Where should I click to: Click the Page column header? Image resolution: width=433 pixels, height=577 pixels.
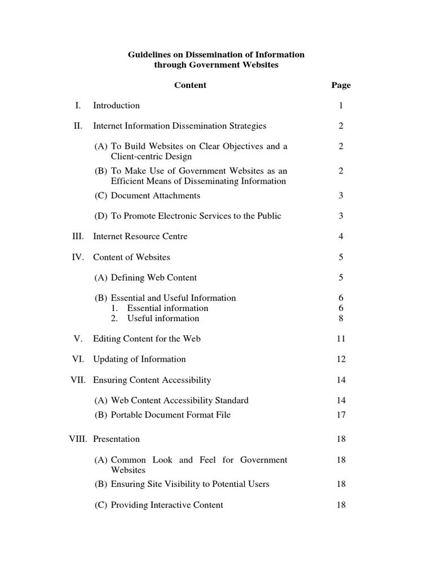(x=341, y=85)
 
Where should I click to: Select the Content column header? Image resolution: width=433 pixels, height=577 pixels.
(x=190, y=85)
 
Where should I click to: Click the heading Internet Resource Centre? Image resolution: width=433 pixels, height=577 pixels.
(x=140, y=237)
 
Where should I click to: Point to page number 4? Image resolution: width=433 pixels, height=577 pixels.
(x=341, y=237)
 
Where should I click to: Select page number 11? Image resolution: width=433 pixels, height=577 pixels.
(x=341, y=339)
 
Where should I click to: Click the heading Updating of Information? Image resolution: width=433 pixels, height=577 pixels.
(x=139, y=359)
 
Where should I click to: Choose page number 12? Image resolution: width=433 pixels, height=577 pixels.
(x=341, y=359)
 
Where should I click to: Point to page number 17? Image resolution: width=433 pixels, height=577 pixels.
(x=341, y=415)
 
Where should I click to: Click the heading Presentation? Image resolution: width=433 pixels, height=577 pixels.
(x=116, y=439)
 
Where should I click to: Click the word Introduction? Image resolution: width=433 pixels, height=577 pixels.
(x=116, y=105)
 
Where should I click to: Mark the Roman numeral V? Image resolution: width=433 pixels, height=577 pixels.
(x=78, y=339)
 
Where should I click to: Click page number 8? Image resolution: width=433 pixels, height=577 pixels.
(x=341, y=318)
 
